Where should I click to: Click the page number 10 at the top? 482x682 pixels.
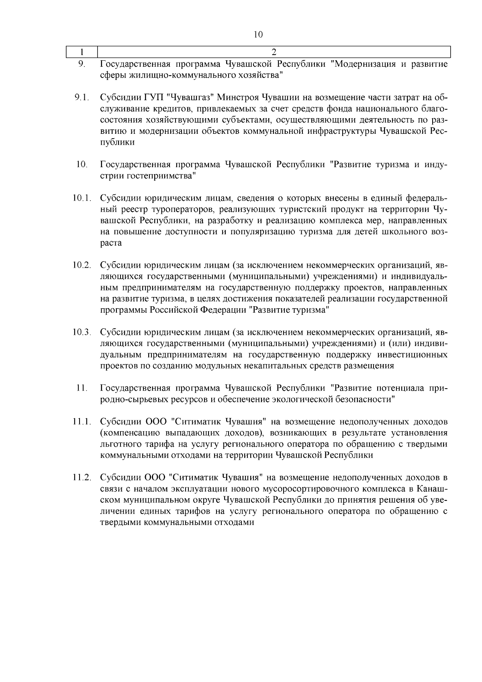click(258, 35)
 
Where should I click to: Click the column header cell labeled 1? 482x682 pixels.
click(82, 52)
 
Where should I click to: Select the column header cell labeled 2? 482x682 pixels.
click(274, 52)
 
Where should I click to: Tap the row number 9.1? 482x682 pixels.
click(82, 98)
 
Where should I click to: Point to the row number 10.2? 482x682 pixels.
click(82, 265)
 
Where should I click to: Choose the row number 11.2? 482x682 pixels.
click(82, 478)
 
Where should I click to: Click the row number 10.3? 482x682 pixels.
click(82, 332)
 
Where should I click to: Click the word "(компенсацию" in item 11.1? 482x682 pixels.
click(126, 433)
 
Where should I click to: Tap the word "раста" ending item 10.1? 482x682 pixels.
click(110, 243)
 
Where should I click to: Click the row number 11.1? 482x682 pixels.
click(82, 422)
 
